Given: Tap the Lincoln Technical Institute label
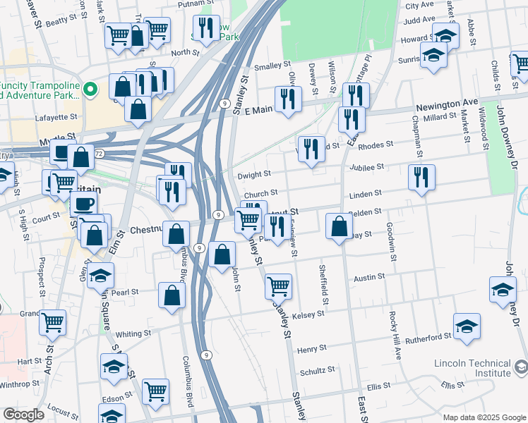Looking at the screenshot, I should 472,368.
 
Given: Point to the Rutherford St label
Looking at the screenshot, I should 428,337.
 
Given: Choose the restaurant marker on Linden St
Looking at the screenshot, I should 421,177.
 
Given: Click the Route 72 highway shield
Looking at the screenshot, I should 99,153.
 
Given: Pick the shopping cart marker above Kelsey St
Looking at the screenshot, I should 279,286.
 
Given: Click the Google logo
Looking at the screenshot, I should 23,415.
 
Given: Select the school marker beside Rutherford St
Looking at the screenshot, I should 467,326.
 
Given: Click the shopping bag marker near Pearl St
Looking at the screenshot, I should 172,295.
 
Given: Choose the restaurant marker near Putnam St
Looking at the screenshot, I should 206,28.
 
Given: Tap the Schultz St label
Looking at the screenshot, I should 317,369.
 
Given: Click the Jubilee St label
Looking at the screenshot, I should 365,167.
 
